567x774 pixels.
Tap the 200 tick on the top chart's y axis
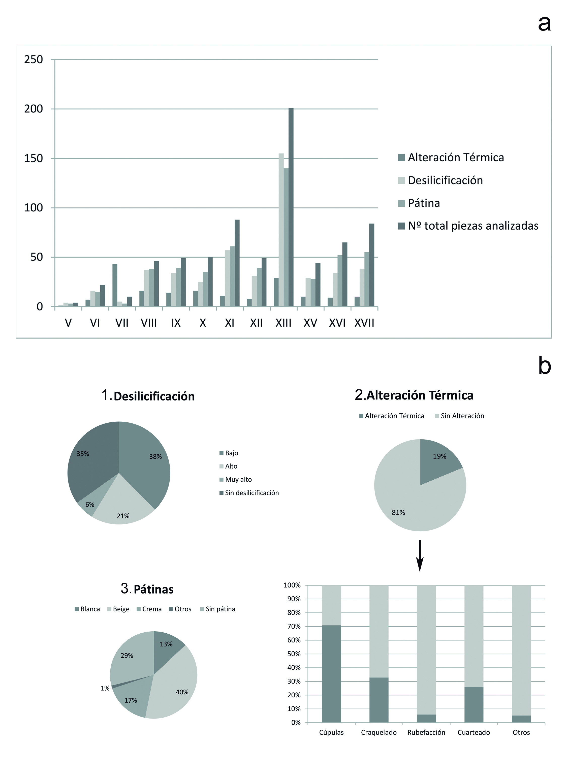pyautogui.click(x=33, y=109)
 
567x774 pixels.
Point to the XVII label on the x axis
pyautogui.click(x=364, y=323)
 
